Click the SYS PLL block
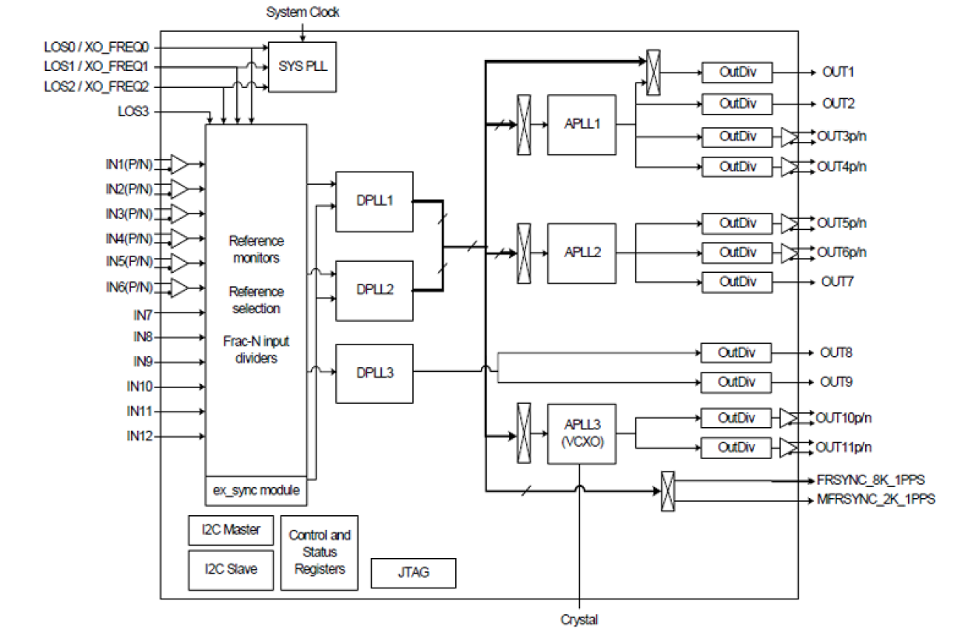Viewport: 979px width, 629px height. [302, 65]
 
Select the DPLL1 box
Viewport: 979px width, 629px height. [374, 201]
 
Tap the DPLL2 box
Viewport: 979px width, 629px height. [374, 290]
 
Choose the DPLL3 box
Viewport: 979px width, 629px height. [374, 373]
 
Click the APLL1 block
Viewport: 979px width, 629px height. [581, 125]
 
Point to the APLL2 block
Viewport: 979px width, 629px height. [581, 253]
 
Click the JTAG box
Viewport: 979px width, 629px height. [413, 573]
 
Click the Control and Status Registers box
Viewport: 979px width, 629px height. [320, 552]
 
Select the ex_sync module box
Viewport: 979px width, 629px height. [256, 492]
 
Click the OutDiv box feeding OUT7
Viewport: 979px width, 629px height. [737, 281]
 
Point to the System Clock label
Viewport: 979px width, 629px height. [302, 12]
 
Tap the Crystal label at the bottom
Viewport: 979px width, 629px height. [579, 620]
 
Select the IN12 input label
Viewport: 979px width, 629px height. [140, 436]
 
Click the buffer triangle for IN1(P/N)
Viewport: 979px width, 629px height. [179, 164]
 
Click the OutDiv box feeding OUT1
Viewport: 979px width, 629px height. [737, 72]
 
